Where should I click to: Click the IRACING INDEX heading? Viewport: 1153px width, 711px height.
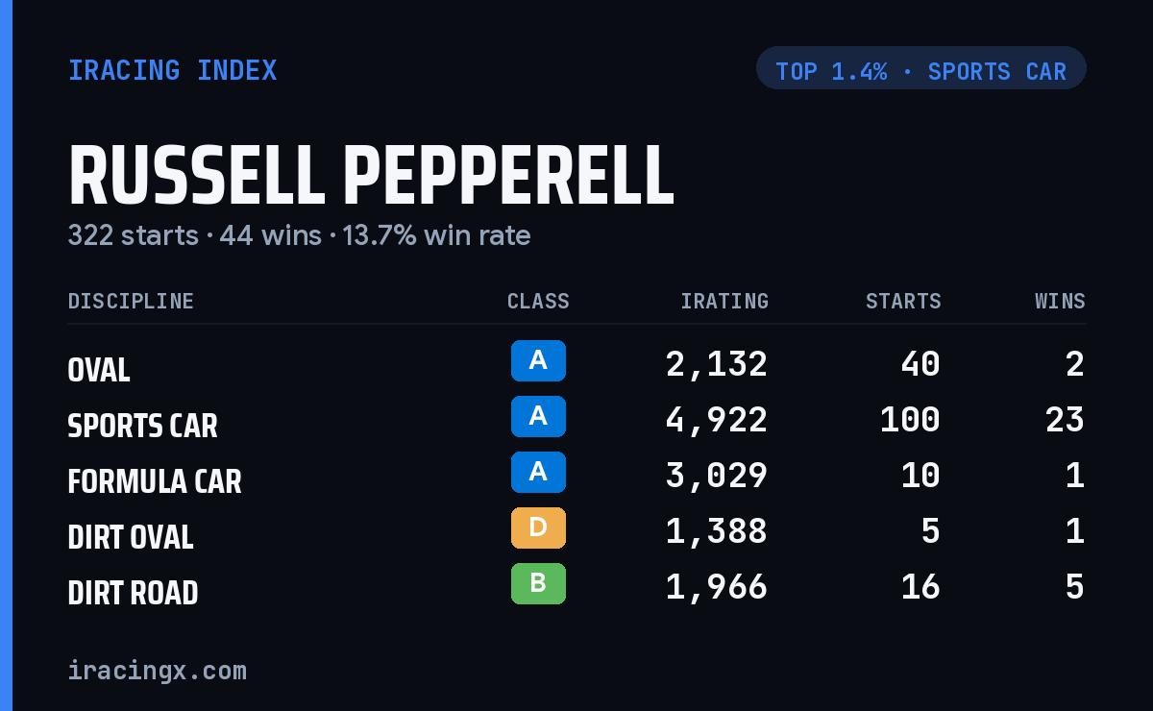(172, 70)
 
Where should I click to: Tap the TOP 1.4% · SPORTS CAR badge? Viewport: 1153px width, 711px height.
(920, 68)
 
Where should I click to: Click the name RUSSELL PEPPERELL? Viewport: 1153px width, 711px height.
(371, 175)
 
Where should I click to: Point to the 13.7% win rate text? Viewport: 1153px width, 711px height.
(436, 235)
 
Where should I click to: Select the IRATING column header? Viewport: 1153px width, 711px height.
(724, 301)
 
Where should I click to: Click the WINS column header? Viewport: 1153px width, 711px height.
(1061, 301)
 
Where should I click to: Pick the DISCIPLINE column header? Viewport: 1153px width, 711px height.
(131, 301)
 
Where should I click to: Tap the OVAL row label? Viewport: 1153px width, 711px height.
(99, 370)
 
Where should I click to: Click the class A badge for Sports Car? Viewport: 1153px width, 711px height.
(538, 416)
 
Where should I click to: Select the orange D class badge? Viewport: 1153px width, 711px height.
(538, 527)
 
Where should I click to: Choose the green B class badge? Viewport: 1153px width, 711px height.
(538, 583)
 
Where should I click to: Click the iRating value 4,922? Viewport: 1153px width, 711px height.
(717, 420)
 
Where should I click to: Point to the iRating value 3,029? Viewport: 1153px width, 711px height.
(717, 476)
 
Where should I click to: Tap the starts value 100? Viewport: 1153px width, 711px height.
(910, 420)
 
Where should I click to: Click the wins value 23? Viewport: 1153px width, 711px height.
(1065, 420)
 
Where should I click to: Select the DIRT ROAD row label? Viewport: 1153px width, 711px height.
(133, 593)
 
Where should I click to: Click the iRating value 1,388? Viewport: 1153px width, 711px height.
(717, 531)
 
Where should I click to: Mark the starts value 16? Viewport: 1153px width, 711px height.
(920, 587)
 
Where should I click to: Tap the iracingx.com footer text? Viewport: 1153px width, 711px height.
(158, 671)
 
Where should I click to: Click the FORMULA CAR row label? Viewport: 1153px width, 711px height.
(155, 481)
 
